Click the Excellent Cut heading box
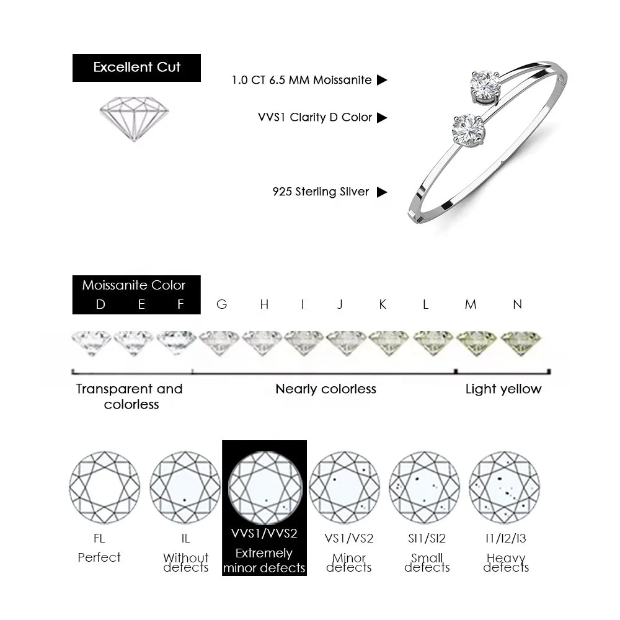[136, 68]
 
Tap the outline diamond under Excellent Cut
[134, 118]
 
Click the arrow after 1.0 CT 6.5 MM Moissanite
[381, 80]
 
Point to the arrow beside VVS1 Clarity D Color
[381, 117]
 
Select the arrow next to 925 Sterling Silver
[381, 192]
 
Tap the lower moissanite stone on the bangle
[469, 130]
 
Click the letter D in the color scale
[100, 304]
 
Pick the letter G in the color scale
[222, 304]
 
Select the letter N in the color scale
[517, 304]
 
